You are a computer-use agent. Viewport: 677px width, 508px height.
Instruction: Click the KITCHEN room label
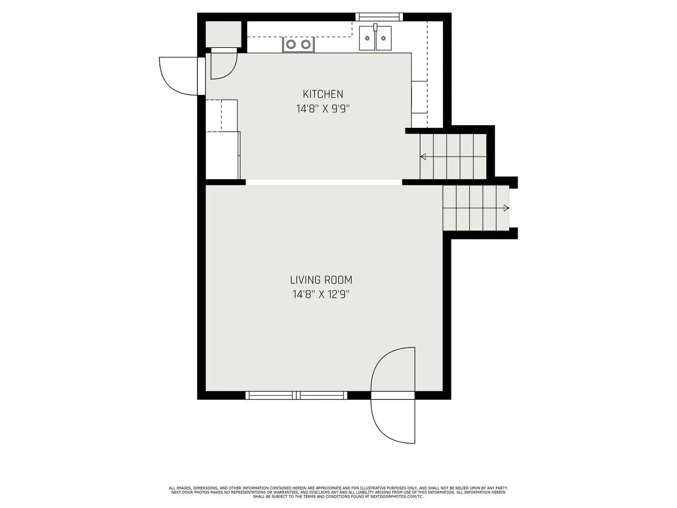[323, 94]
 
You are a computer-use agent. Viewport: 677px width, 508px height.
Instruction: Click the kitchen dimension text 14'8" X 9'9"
[323, 109]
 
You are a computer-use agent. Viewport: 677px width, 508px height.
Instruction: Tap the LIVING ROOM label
[321, 280]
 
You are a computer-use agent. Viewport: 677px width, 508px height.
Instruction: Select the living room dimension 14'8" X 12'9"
[321, 295]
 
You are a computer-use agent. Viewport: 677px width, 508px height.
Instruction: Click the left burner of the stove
[291, 45]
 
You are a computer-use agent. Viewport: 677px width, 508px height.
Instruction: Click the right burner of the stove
[306, 45]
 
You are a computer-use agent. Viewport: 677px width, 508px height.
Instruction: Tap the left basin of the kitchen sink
[367, 39]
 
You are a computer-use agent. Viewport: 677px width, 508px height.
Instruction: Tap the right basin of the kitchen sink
[384, 39]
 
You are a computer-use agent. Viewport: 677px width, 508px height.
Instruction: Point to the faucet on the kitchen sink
[376, 27]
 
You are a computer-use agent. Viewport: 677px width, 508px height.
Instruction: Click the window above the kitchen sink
[379, 17]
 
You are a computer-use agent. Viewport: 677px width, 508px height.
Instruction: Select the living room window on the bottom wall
[296, 395]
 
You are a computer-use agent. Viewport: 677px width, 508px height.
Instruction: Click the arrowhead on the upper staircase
[423, 157]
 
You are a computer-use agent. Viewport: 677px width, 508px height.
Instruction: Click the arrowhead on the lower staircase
[506, 208]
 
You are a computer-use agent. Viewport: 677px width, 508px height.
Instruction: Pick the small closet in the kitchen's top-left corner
[223, 34]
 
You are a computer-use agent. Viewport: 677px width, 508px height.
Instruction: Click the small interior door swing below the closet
[222, 64]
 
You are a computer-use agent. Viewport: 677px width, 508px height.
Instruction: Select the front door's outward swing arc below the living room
[393, 421]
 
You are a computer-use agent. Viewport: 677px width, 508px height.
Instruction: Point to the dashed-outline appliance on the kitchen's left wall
[221, 115]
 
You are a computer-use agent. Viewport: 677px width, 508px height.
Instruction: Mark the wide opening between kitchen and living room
[323, 182]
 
